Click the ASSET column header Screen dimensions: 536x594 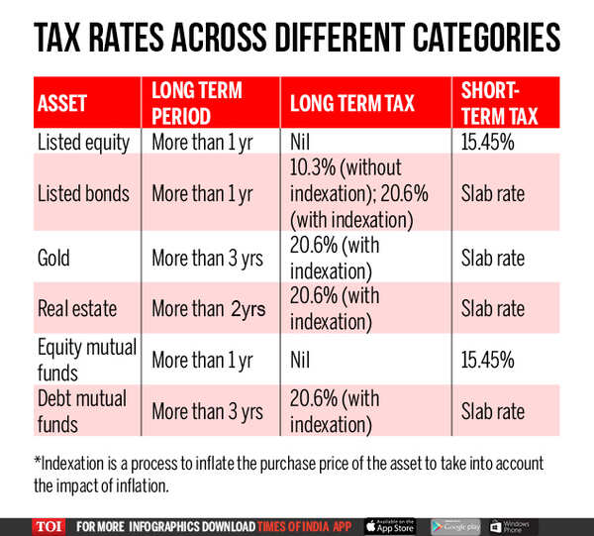[x=62, y=103]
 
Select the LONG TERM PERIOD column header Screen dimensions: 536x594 [x=198, y=103]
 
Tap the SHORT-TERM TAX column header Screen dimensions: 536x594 [x=500, y=103]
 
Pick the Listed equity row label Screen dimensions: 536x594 [x=84, y=142]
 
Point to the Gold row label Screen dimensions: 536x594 [x=59, y=258]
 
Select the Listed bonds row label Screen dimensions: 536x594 [x=83, y=192]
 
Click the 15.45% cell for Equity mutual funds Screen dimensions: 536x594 [x=488, y=359]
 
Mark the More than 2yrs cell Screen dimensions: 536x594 [x=209, y=308]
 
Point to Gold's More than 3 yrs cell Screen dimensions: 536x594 [x=208, y=258]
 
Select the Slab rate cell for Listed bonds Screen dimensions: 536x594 [x=493, y=192]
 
